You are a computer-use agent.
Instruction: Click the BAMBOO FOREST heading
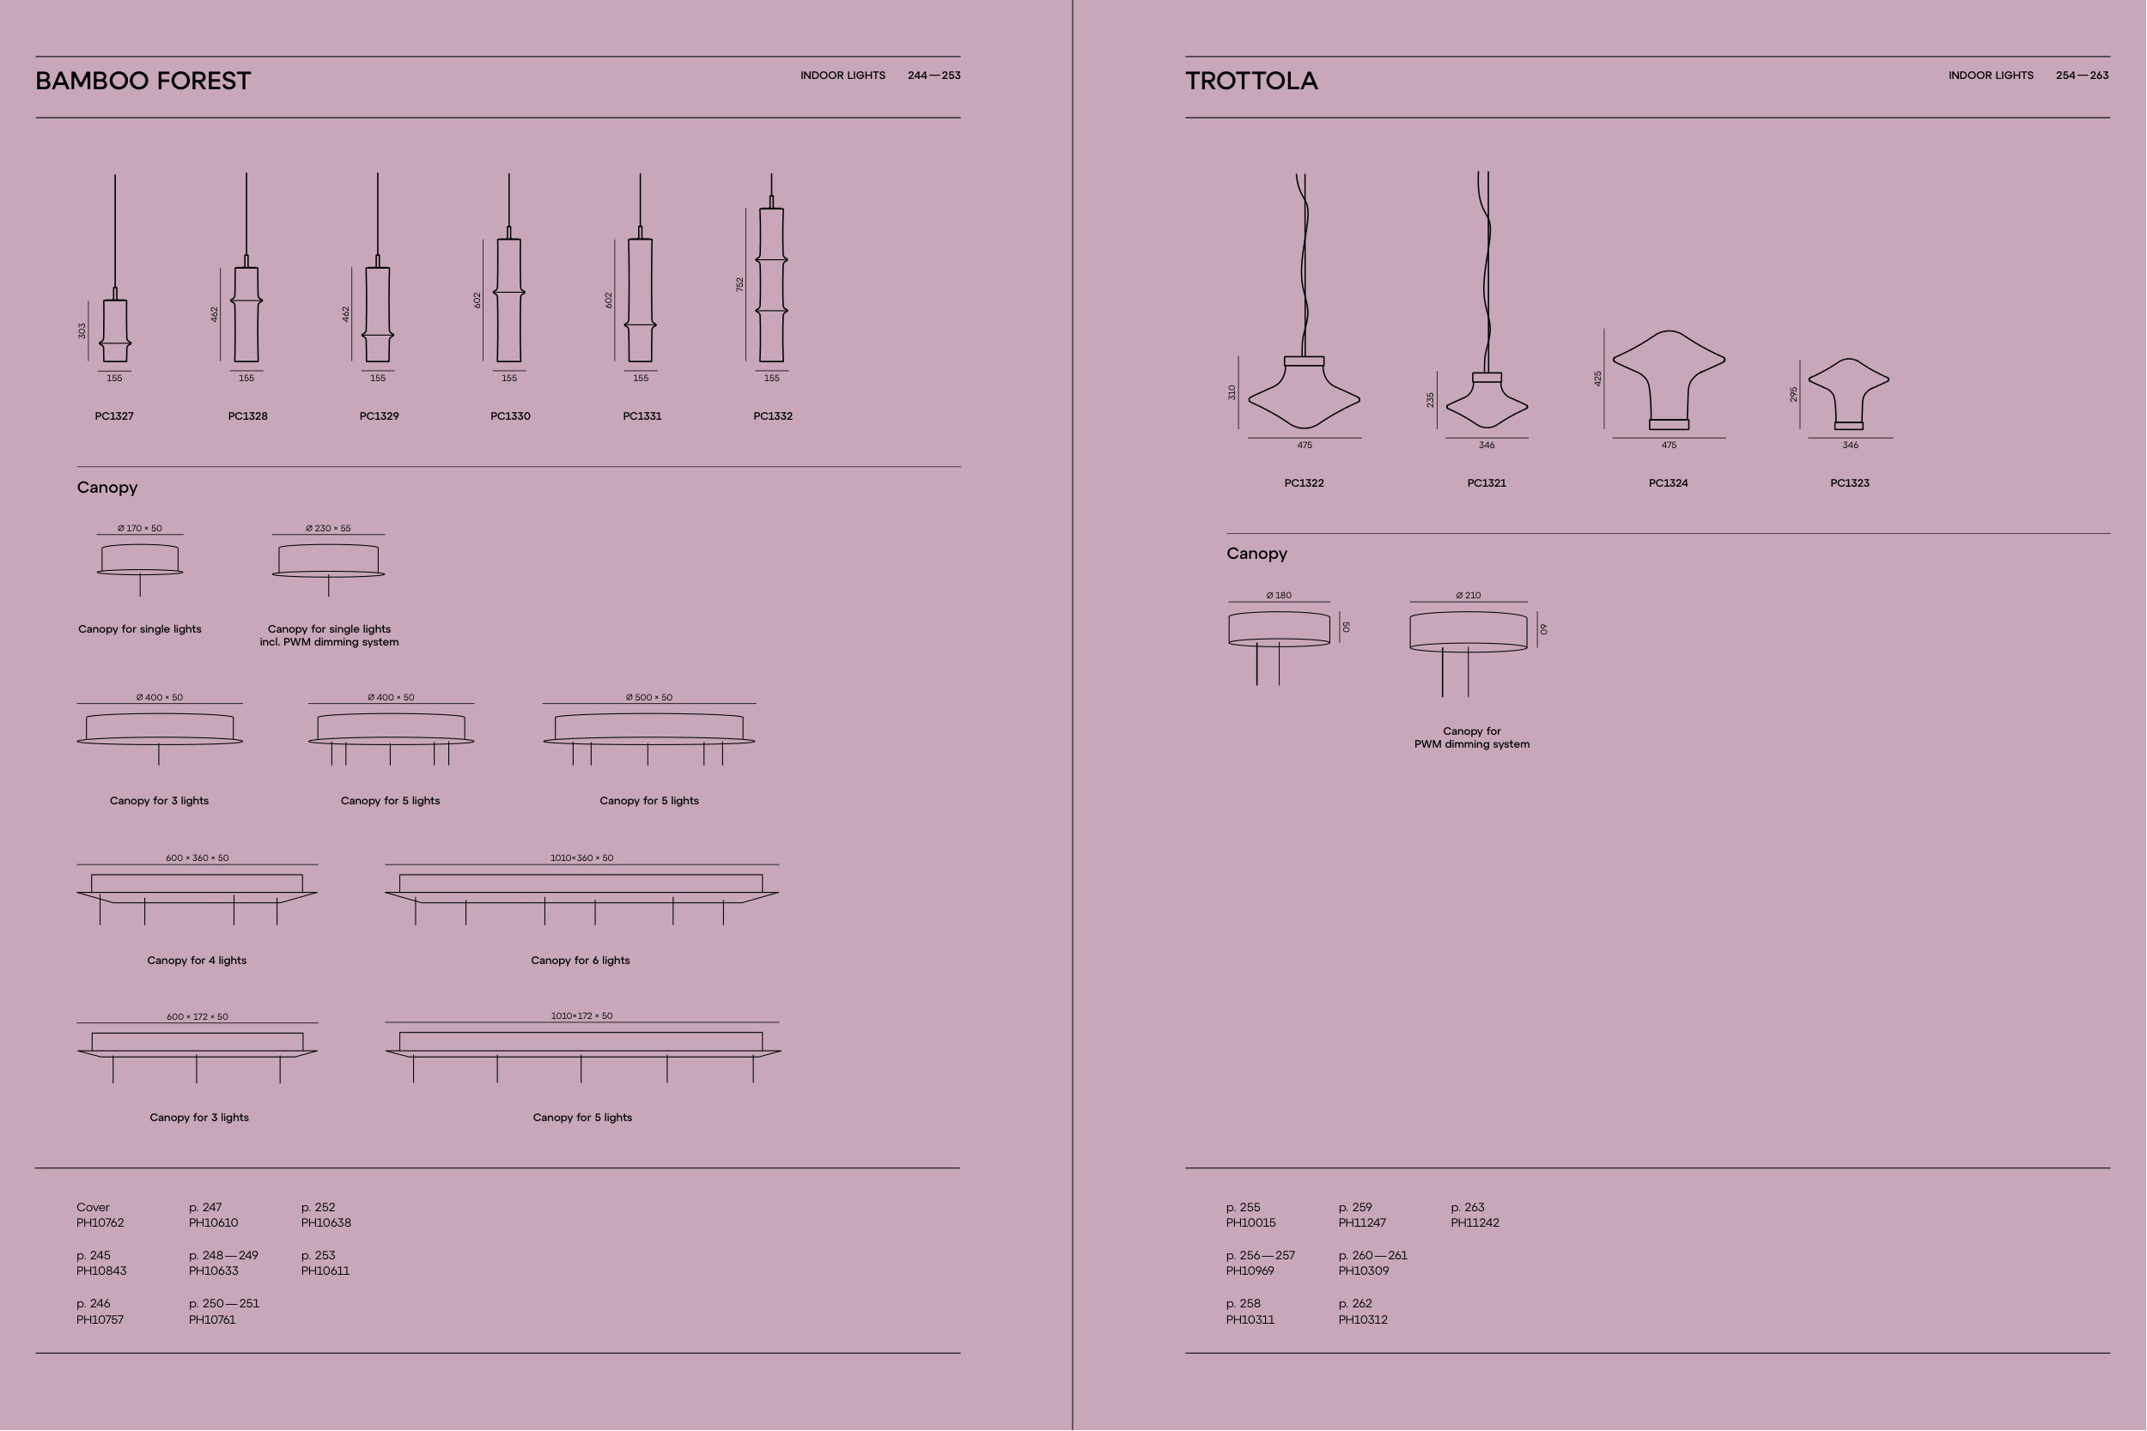coord(143,82)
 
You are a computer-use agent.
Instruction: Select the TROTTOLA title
coord(1251,82)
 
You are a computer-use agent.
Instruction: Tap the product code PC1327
coord(114,416)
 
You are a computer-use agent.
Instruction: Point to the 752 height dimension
coord(740,285)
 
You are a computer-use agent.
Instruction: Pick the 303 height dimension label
coord(82,330)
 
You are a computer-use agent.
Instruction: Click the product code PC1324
coord(1668,483)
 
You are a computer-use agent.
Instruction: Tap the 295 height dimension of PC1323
coord(1794,394)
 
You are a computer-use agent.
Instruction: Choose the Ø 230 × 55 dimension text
coord(328,529)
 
